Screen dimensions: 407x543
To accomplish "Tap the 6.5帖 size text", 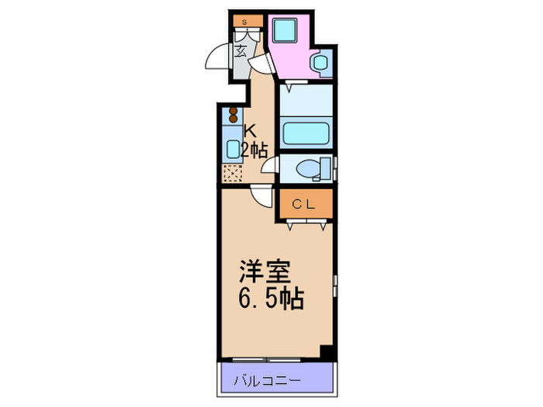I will (269, 298).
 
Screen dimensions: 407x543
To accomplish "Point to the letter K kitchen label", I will (249, 131).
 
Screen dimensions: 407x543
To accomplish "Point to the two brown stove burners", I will (232, 116).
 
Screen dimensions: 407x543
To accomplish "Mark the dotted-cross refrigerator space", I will (232, 174).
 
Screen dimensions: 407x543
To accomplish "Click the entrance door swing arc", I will (217, 60).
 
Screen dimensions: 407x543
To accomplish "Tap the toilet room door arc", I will (269, 164).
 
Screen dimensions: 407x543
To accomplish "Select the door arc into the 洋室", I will (264, 198).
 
